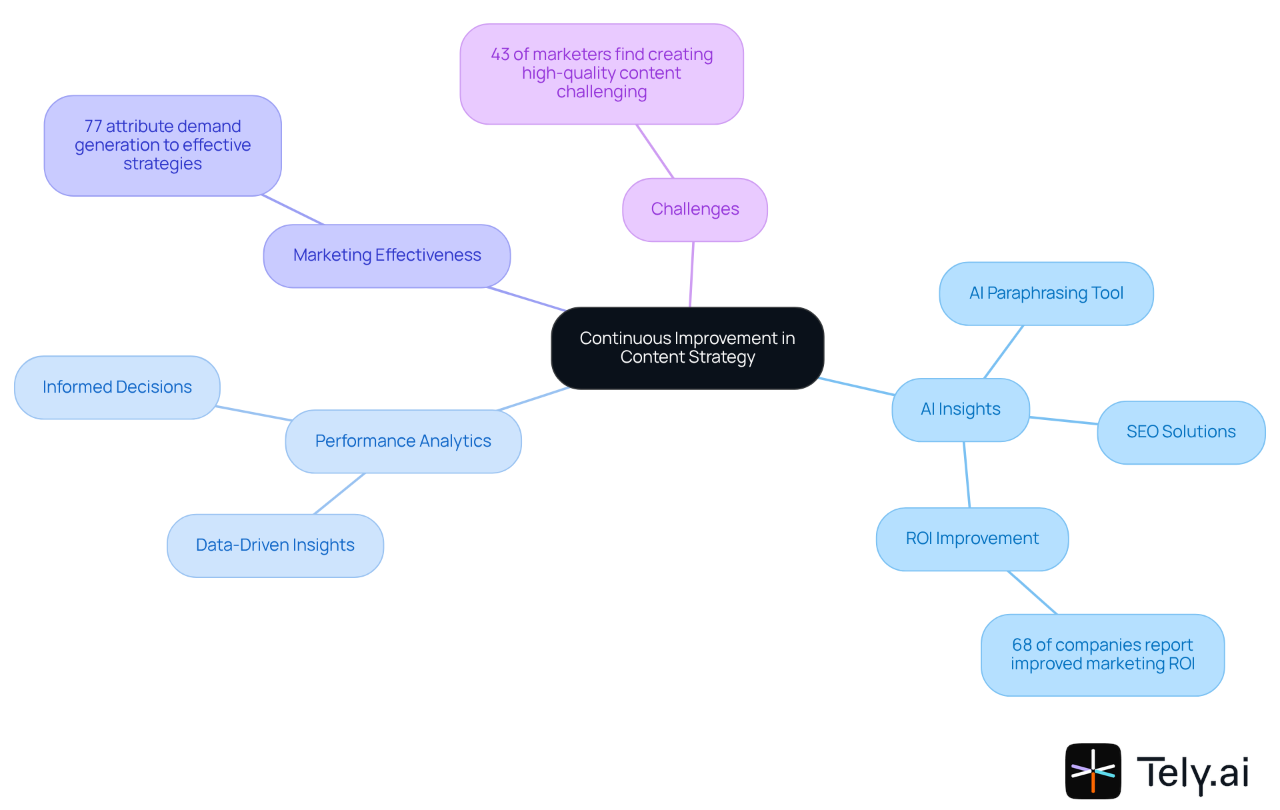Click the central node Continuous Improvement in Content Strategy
tap(687, 348)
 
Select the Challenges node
tap(695, 209)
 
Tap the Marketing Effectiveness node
tap(387, 255)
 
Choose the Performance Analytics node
tap(403, 441)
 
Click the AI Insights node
tap(960, 409)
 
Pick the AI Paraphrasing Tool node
tap(1046, 293)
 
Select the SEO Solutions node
tap(1181, 432)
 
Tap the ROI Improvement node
tap(972, 539)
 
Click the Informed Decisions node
tap(117, 387)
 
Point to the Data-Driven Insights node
tap(275, 545)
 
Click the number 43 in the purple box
tap(500, 55)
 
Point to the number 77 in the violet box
tap(93, 127)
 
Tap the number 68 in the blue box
tap(1021, 645)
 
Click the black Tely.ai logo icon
tap(1093, 771)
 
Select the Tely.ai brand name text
tap(1192, 773)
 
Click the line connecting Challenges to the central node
tap(692, 274)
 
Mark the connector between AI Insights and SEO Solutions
tap(1063, 421)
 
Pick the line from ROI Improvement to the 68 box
tap(1032, 592)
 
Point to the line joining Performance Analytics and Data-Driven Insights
tap(339, 494)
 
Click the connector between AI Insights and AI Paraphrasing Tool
tap(1003, 352)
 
